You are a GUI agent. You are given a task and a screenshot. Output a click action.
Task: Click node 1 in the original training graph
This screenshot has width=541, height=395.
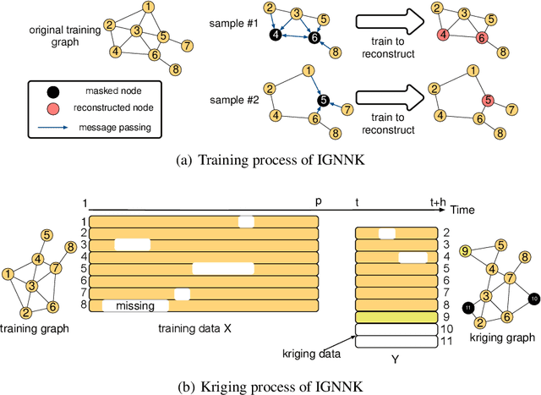149,8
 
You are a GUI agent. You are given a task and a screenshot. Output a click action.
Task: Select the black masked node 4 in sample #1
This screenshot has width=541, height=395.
274,35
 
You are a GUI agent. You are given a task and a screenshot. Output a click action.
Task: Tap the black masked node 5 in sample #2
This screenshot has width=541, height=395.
322,101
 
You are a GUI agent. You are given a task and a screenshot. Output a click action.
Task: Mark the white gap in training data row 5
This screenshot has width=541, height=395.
223,269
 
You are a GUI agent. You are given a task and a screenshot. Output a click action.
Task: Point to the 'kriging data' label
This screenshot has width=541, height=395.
303,348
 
